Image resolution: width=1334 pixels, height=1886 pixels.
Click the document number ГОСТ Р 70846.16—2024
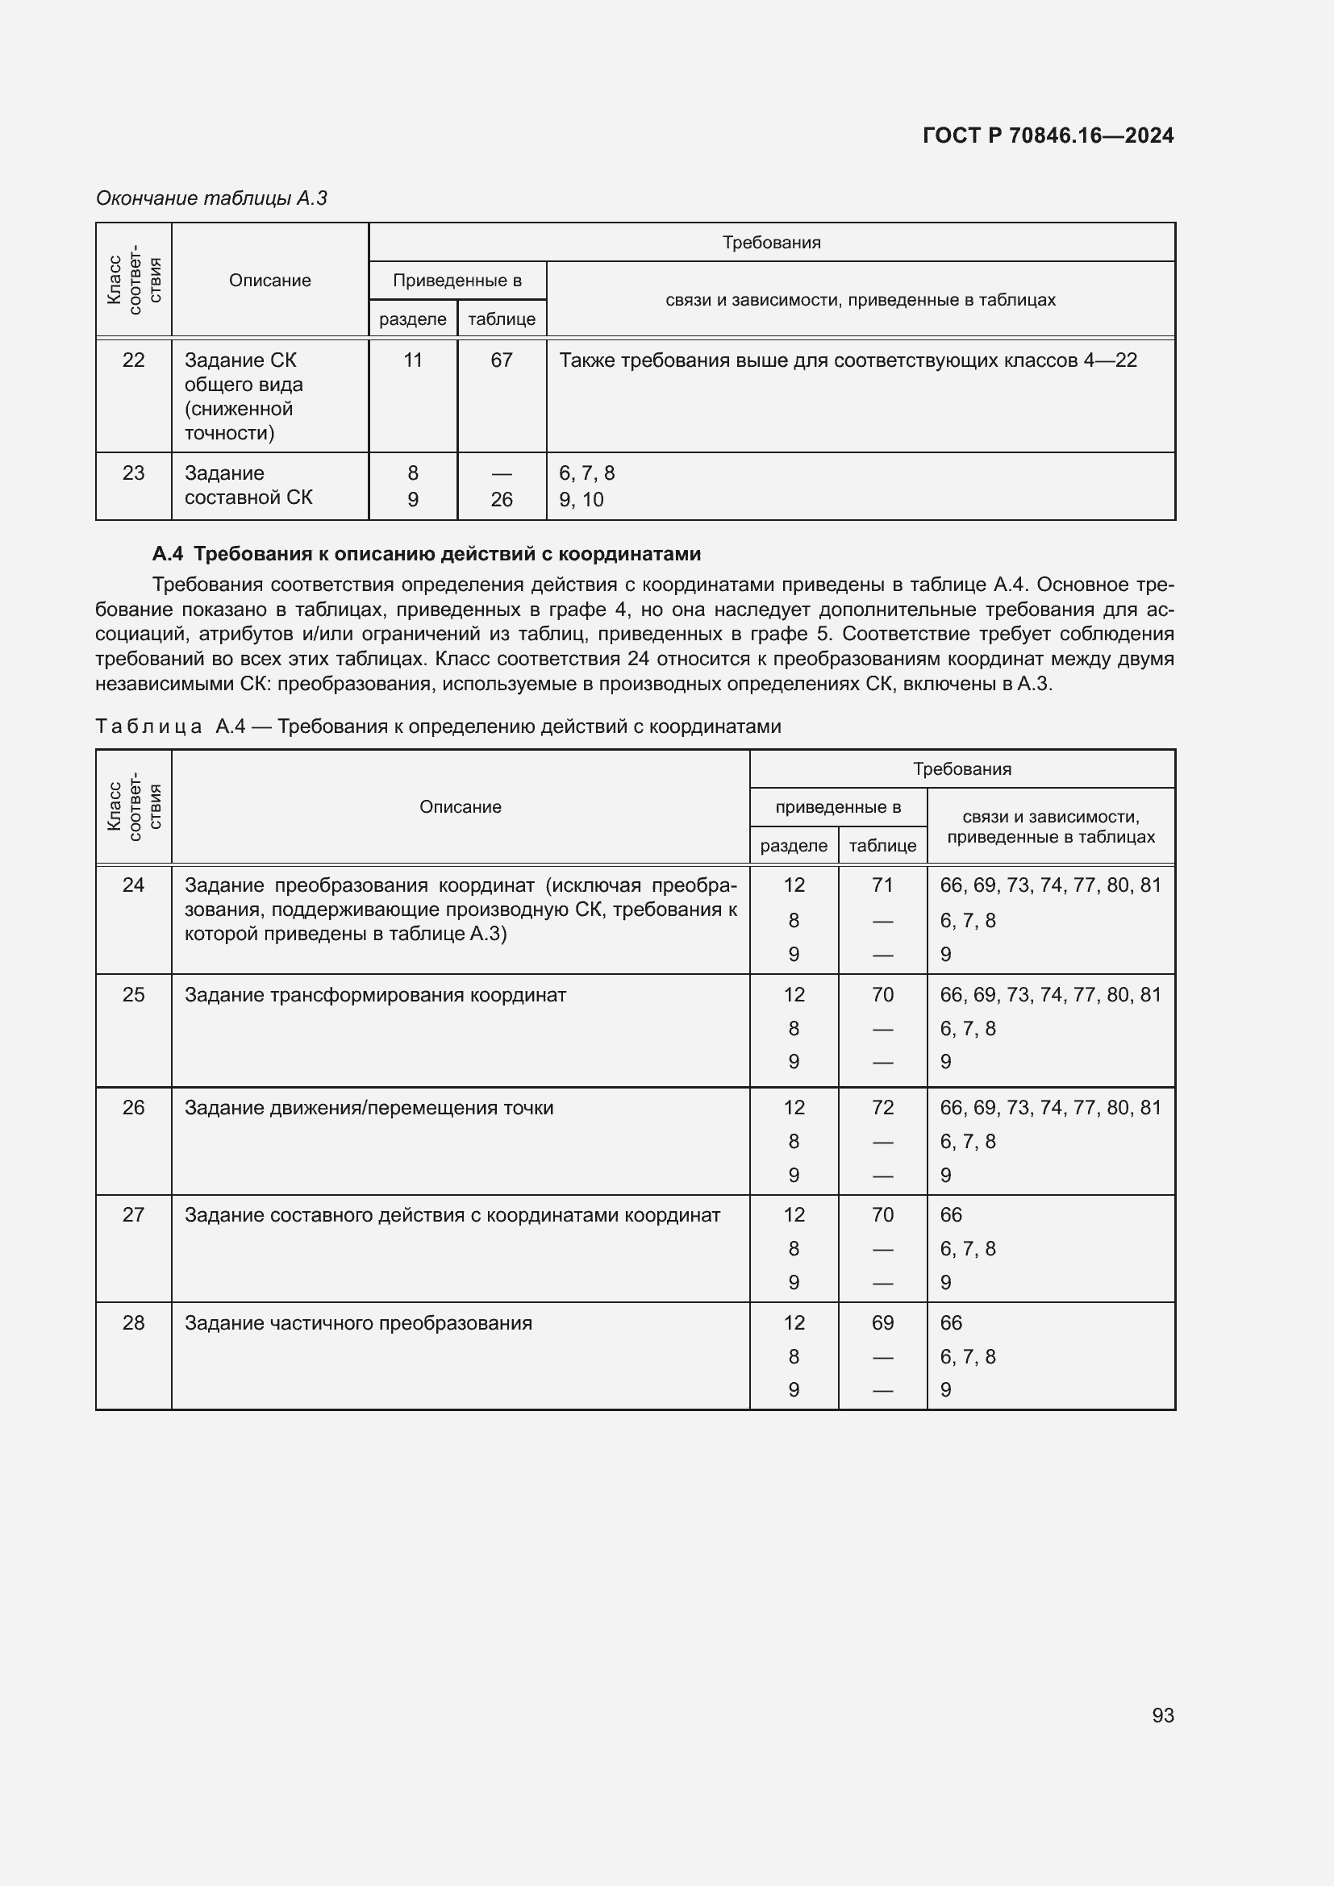point(1048,135)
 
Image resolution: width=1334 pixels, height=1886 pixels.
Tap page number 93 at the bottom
point(1162,1715)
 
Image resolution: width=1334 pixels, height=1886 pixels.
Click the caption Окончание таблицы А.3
point(211,198)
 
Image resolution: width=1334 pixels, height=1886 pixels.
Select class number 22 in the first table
point(133,360)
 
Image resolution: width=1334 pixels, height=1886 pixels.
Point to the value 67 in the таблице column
point(501,360)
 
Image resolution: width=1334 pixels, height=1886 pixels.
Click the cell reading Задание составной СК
point(248,485)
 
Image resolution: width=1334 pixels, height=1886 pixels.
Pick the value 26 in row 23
point(501,499)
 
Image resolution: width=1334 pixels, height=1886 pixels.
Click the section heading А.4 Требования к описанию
point(427,554)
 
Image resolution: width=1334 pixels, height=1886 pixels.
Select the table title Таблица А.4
point(438,727)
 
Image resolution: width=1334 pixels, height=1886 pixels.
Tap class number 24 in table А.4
point(133,885)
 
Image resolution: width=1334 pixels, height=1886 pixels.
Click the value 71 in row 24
point(882,885)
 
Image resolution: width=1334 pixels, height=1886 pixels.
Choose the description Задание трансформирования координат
point(375,995)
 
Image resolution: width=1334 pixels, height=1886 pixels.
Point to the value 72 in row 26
point(882,1107)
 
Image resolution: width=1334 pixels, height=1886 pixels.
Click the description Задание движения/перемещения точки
point(369,1107)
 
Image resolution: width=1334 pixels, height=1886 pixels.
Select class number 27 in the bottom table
point(133,1215)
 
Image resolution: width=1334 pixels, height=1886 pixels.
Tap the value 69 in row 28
point(882,1322)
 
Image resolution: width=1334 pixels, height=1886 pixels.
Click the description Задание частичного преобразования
point(358,1322)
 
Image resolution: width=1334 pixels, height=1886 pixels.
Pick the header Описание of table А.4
point(460,806)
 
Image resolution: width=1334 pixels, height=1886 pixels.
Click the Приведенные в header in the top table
point(456,280)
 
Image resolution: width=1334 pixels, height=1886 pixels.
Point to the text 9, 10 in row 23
point(581,499)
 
